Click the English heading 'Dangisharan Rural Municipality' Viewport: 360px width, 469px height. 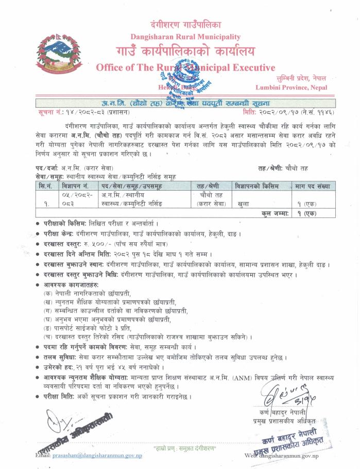[185, 37]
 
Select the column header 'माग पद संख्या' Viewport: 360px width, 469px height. [313, 186]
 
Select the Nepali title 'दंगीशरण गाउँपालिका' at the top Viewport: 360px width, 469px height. [185, 24]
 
